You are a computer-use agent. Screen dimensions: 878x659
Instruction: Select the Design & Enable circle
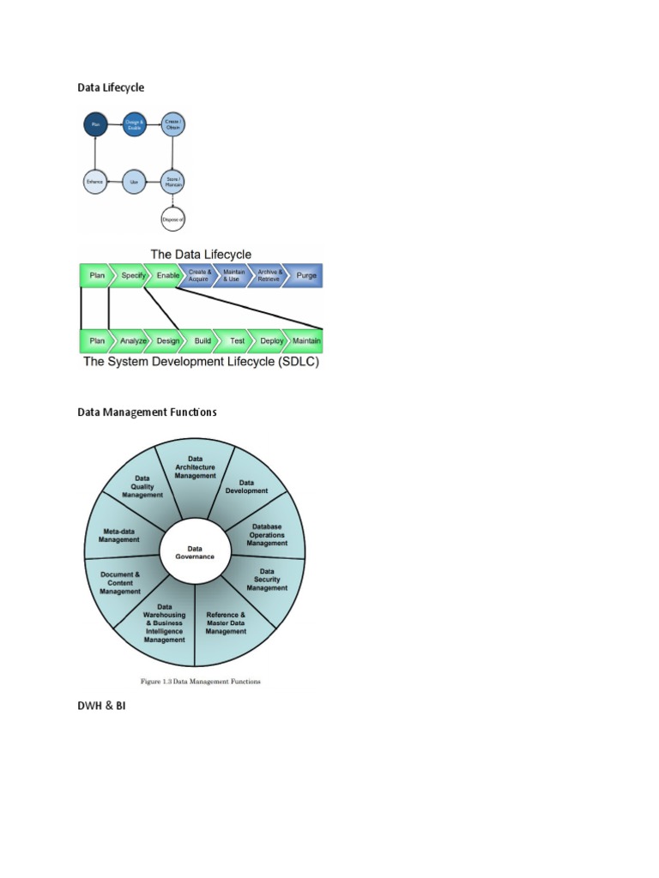(x=134, y=125)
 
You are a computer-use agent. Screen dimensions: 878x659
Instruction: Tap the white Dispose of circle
(x=173, y=219)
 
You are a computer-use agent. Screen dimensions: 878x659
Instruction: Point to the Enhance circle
(x=95, y=182)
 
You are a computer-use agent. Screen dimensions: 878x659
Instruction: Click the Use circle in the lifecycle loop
(x=134, y=182)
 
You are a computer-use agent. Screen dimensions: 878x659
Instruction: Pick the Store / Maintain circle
(x=173, y=182)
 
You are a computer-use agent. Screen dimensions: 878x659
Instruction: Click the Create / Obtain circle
(x=173, y=125)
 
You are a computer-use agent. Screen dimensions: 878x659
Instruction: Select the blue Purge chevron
(x=305, y=276)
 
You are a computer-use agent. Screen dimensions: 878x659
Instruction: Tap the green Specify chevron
(x=133, y=276)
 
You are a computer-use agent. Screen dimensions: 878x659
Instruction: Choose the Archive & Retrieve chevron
(x=269, y=276)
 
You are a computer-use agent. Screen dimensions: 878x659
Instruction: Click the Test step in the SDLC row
(x=237, y=340)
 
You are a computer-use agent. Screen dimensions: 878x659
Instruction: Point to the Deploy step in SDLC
(x=271, y=340)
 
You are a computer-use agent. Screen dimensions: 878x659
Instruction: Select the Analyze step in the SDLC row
(x=133, y=340)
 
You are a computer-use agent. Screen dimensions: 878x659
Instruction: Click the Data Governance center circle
(x=195, y=551)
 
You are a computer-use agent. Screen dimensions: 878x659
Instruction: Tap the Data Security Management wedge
(x=267, y=580)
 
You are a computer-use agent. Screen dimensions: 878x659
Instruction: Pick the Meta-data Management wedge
(x=119, y=535)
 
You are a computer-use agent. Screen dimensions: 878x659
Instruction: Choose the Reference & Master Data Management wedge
(x=226, y=623)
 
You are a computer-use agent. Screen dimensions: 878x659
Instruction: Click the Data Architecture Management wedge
(x=196, y=467)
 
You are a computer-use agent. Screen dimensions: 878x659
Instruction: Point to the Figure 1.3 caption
(x=200, y=682)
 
